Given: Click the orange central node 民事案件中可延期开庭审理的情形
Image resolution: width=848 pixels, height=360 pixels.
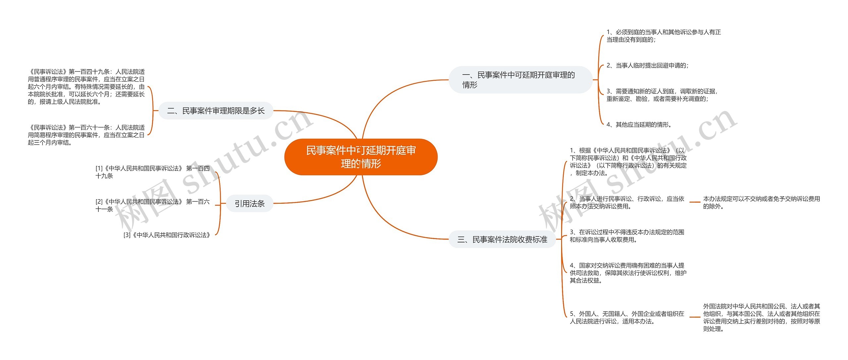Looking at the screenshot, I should [361, 157].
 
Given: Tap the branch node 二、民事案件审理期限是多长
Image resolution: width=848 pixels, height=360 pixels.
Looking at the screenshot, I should [216, 111].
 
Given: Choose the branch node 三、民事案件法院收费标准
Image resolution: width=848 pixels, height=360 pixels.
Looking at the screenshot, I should [502, 239].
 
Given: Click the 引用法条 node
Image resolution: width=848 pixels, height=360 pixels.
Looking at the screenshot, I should [250, 204].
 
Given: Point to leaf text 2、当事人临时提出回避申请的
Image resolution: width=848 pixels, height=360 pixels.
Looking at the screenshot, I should [647, 66].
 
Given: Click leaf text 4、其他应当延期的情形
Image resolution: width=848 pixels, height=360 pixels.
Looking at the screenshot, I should [639, 125].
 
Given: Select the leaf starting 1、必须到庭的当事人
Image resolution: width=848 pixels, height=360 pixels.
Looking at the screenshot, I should [663, 36].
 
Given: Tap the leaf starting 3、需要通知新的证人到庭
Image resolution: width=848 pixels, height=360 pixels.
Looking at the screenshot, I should [662, 95].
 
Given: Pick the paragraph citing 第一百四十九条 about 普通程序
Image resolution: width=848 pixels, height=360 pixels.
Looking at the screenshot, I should [86, 87].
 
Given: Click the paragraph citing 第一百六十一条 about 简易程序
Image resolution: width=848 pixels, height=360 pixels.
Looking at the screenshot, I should [86, 135].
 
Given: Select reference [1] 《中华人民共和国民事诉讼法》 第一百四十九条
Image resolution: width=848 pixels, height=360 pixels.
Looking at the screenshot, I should [152, 172].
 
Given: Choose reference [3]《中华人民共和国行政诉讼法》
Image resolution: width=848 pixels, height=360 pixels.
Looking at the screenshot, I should [167, 235].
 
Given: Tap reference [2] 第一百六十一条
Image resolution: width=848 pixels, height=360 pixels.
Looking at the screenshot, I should [152, 205].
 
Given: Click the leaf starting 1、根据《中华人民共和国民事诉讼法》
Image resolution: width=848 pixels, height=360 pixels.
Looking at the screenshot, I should [628, 162].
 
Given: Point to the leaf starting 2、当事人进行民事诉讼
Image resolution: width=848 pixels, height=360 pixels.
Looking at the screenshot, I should [627, 202].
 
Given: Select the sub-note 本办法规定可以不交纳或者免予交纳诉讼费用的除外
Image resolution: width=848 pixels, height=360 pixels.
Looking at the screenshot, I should [761, 202].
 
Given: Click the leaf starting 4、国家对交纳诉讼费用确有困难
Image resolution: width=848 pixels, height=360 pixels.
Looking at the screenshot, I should [628, 273].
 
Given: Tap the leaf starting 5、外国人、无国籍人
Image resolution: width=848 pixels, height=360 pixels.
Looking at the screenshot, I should [627, 317].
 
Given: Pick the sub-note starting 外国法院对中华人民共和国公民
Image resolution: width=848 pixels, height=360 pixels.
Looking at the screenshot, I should [761, 317].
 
